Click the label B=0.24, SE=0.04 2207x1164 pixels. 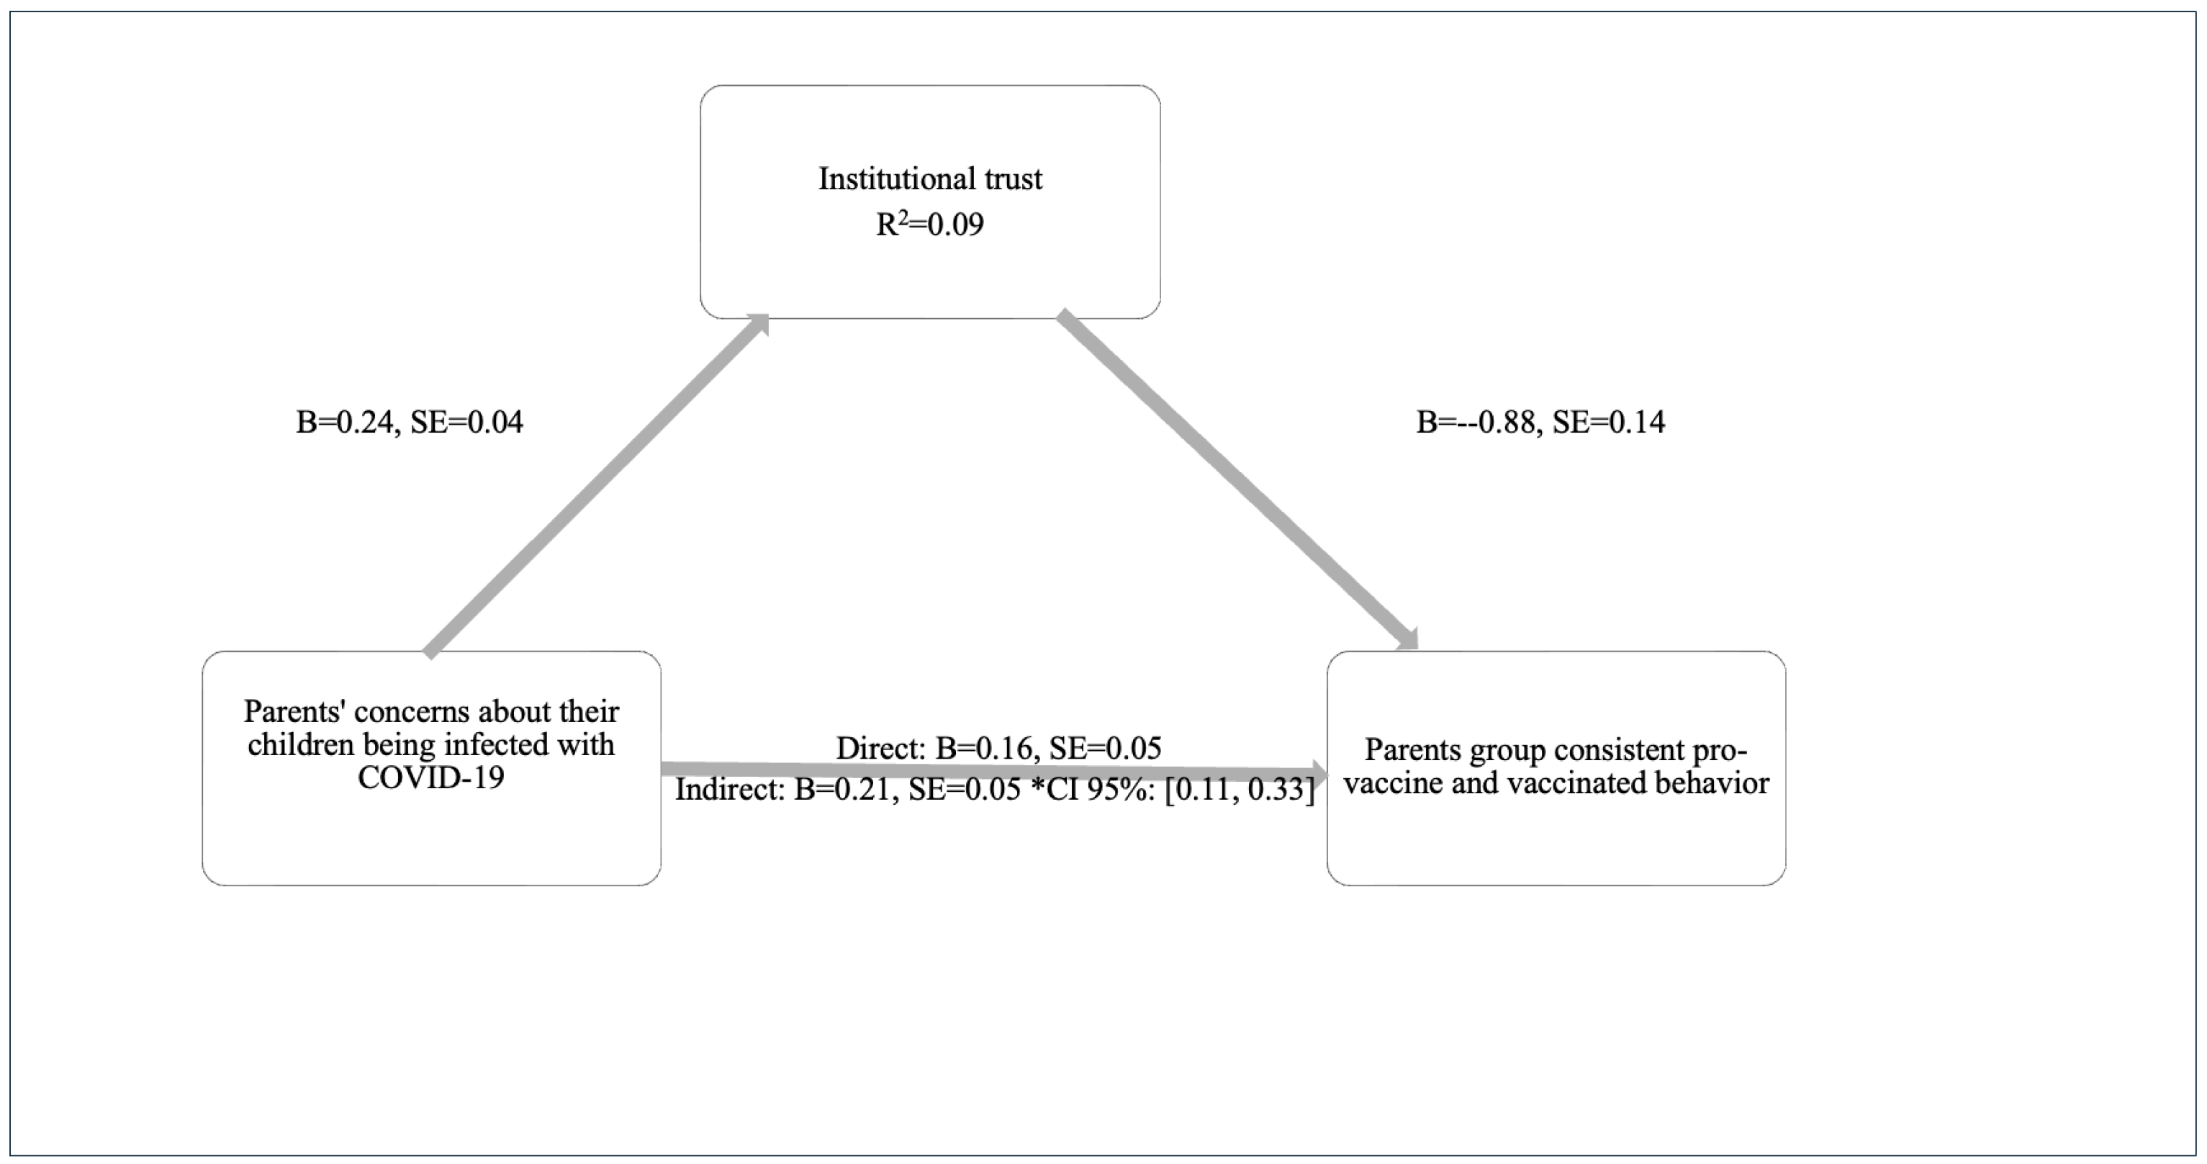click(x=409, y=423)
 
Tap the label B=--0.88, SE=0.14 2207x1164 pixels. click(x=1540, y=423)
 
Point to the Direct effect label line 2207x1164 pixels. click(x=998, y=749)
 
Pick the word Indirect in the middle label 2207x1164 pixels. click(x=729, y=789)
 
